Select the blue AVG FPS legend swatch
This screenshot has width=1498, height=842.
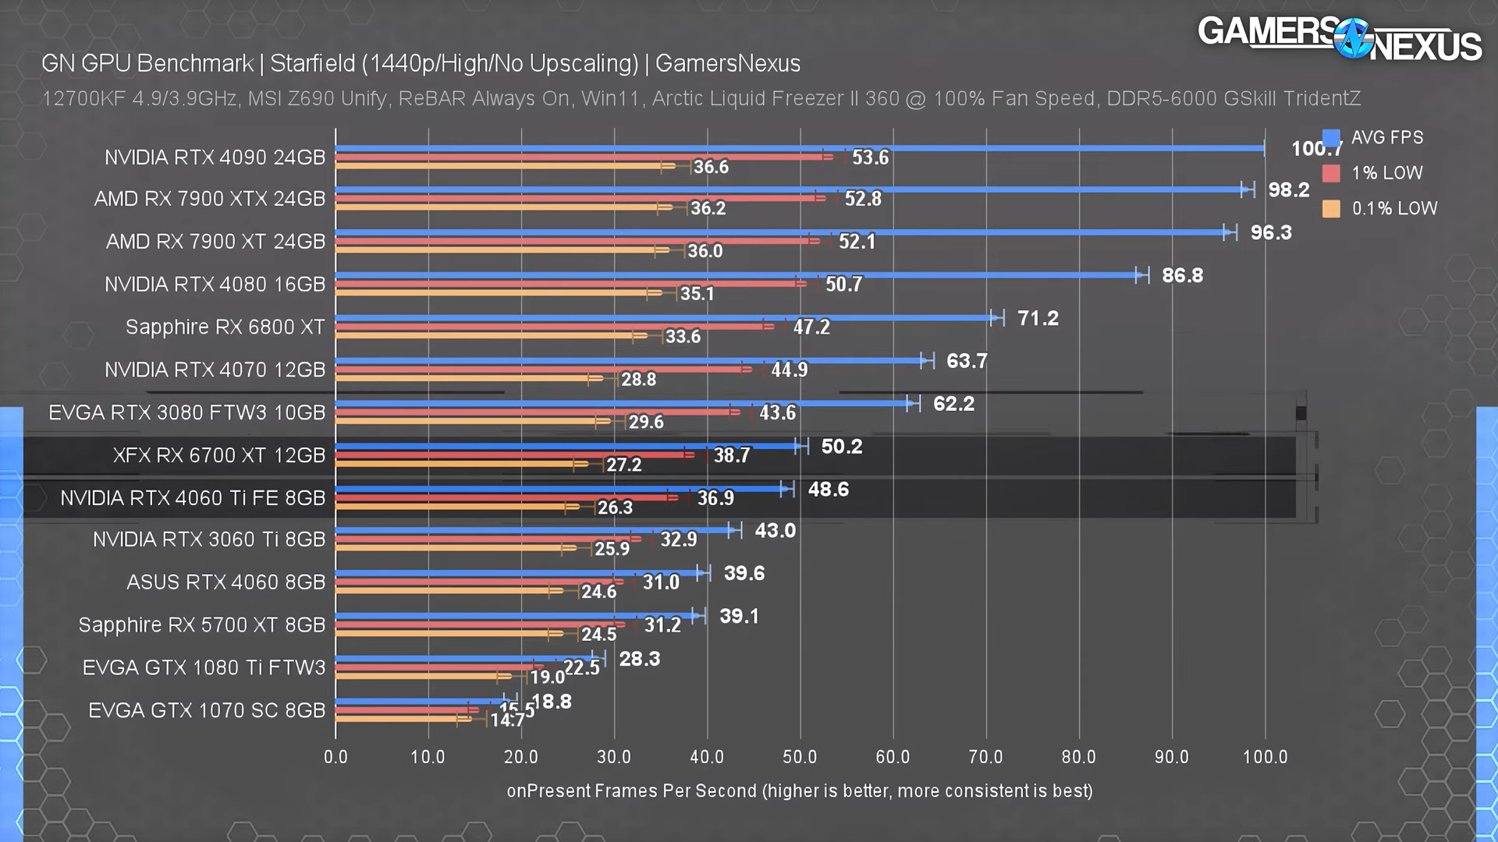(x=1331, y=139)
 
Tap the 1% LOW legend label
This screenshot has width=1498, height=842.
(x=1386, y=173)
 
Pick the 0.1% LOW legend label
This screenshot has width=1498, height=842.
(x=1394, y=209)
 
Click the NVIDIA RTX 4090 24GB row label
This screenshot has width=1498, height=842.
(x=215, y=157)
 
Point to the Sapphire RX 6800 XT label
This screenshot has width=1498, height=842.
(x=225, y=327)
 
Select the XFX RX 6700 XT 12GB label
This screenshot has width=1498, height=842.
(x=218, y=455)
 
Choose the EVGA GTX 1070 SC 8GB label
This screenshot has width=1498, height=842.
(x=206, y=711)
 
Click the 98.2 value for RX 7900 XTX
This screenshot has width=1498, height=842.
(x=1288, y=190)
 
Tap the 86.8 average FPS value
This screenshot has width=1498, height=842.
(x=1182, y=276)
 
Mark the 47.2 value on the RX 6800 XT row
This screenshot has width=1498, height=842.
(x=811, y=327)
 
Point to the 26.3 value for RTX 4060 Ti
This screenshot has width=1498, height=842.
(x=615, y=508)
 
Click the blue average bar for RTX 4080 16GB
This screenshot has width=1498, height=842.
(x=733, y=275)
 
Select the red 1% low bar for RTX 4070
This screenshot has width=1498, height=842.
(x=538, y=369)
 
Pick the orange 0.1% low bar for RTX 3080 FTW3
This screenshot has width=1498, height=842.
(x=468, y=421)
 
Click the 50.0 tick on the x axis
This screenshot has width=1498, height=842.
(x=800, y=757)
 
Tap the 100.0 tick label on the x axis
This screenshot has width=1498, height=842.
(x=1265, y=757)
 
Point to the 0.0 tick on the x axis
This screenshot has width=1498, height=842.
(x=335, y=757)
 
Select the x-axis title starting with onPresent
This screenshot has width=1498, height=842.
(x=799, y=791)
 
